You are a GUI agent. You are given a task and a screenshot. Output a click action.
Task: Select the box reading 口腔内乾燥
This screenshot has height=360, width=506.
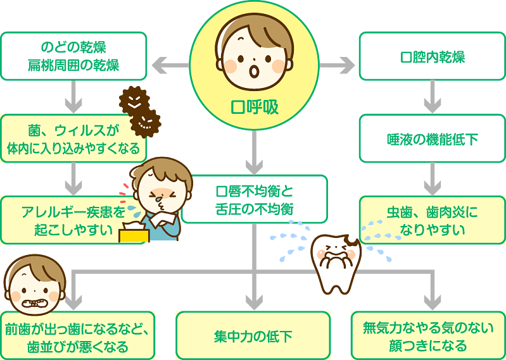point(433,57)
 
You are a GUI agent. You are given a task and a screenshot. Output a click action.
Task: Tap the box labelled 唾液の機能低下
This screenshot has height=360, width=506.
point(433,139)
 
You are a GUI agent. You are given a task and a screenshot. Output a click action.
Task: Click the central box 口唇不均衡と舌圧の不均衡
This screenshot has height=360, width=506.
point(254,199)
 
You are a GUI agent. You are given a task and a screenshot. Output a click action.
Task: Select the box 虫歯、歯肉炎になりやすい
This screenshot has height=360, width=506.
point(433,220)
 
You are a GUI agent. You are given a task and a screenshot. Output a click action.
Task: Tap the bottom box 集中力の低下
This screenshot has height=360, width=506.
point(253,335)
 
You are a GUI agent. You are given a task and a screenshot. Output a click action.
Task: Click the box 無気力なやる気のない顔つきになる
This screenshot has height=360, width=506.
point(428,335)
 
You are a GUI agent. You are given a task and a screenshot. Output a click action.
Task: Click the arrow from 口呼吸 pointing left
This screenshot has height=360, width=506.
point(169,65)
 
